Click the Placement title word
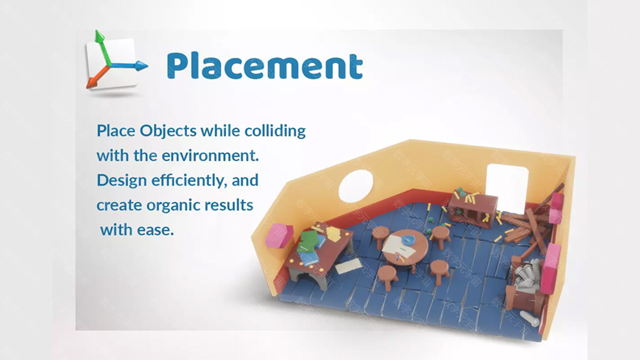[x=265, y=65]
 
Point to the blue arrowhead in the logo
[x=141, y=65]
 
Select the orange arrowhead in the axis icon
[x=91, y=83]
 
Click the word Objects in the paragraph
[x=168, y=131]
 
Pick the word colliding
[x=275, y=131]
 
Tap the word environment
[x=210, y=156]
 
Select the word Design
[x=121, y=181]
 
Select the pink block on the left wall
[x=279, y=235]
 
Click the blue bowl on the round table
[x=408, y=239]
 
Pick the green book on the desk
[x=308, y=240]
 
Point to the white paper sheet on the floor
[x=348, y=266]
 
